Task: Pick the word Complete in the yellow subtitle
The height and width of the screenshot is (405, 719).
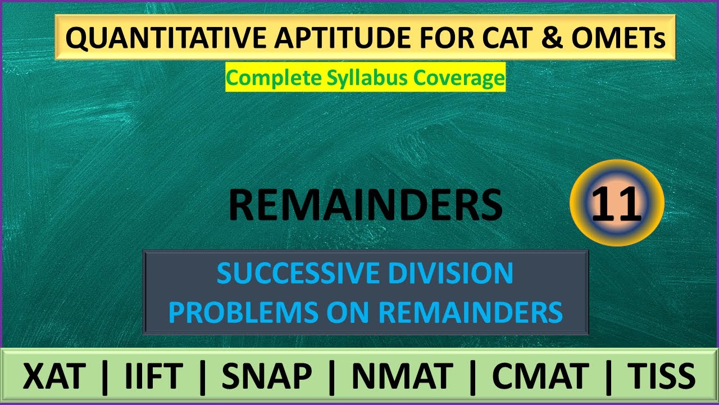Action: [x=275, y=78]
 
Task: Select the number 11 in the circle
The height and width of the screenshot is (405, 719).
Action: [x=616, y=204]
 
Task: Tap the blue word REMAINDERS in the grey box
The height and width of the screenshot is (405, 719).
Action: [x=471, y=312]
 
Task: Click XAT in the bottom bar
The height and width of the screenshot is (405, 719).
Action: [x=54, y=376]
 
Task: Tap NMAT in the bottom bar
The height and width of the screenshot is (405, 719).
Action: [x=402, y=376]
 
